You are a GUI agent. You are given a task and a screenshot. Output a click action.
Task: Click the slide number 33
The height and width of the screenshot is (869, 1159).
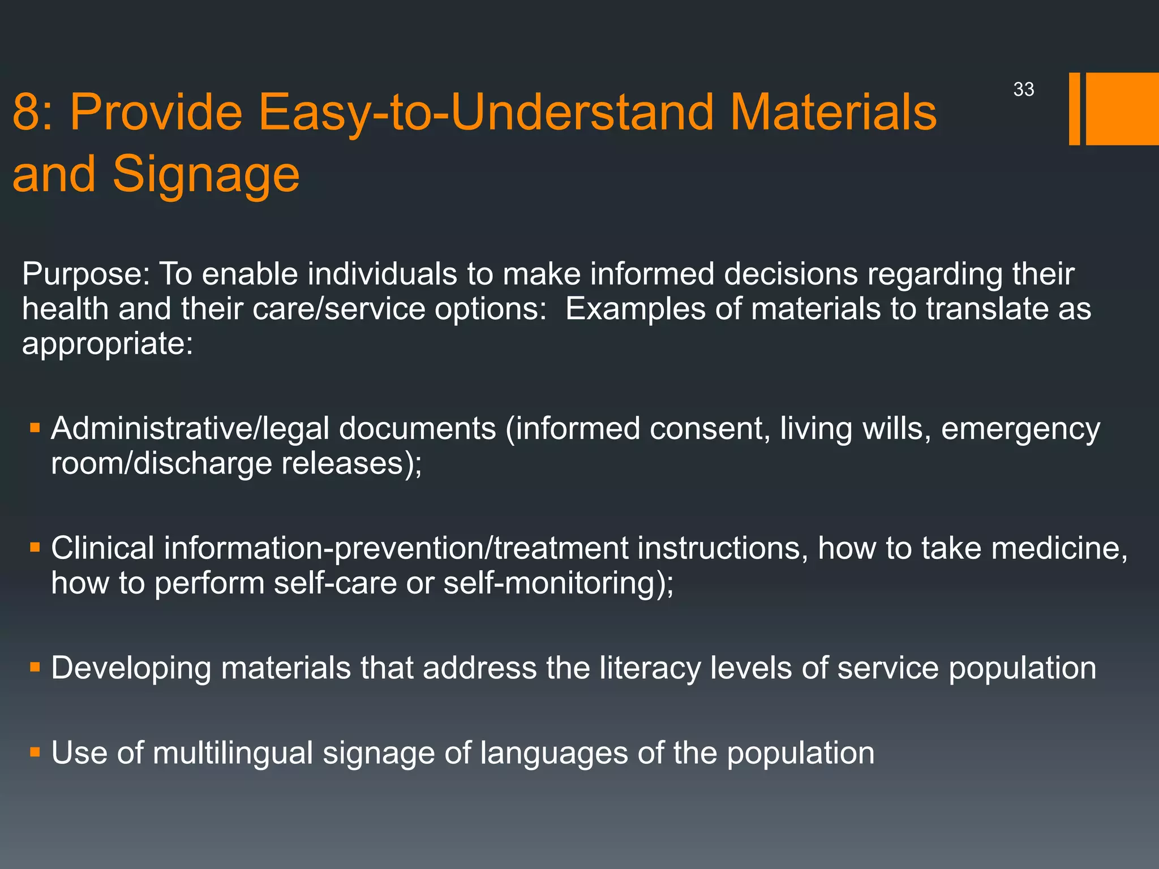point(1024,89)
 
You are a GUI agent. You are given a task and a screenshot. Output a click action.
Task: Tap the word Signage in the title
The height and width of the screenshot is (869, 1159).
point(206,174)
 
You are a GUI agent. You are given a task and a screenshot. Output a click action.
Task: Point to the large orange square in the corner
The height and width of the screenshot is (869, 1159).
point(1122,109)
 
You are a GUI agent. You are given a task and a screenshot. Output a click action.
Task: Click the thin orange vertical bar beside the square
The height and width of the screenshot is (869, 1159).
point(1074,109)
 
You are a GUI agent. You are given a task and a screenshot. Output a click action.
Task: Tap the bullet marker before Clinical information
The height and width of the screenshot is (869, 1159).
point(35,548)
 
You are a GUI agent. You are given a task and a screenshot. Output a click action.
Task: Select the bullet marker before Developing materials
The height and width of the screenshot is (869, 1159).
point(35,668)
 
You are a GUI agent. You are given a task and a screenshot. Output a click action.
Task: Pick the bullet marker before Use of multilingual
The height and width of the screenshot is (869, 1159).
point(35,752)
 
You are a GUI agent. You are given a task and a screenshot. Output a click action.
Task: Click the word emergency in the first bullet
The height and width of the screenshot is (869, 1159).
point(1020,429)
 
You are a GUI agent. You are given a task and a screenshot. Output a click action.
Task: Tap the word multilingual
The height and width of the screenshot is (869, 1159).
point(233,753)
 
